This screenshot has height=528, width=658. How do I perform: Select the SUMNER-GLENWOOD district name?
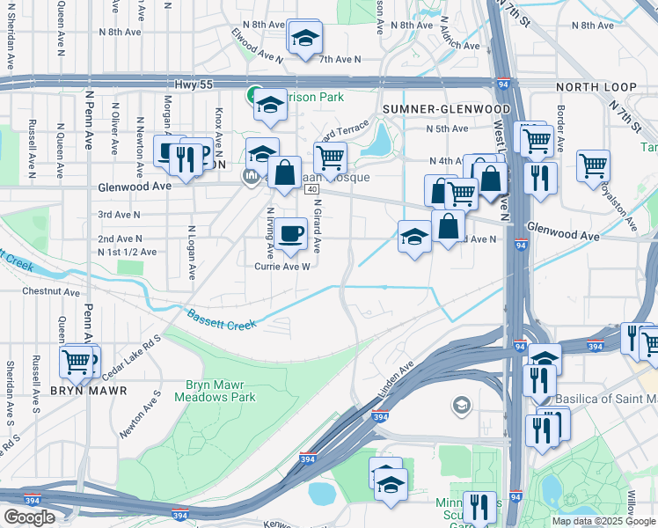(x=435, y=108)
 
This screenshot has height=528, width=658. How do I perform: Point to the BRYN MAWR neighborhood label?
(x=88, y=390)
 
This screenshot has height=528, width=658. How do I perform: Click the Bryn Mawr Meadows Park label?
(x=220, y=391)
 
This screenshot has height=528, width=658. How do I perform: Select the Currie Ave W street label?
(x=282, y=267)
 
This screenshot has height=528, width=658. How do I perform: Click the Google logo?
(x=29, y=517)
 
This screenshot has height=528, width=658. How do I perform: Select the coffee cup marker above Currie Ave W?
(x=289, y=232)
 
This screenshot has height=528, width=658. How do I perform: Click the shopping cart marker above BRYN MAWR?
(x=77, y=360)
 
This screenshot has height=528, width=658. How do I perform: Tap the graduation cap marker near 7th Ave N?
(x=304, y=37)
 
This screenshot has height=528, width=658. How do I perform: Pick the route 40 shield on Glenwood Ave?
(x=312, y=189)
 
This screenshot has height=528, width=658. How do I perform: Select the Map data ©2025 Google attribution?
(x=603, y=521)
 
